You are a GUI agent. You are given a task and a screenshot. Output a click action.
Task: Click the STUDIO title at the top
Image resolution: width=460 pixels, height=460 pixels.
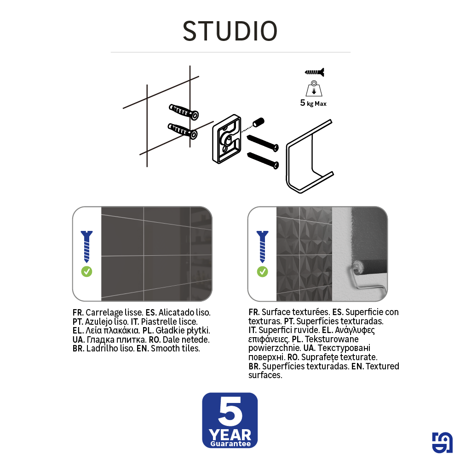[230, 31]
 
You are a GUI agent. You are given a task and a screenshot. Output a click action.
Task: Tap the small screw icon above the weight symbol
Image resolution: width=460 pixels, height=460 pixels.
[315, 72]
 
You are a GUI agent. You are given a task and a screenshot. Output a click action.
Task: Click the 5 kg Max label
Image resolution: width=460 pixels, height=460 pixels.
[313, 103]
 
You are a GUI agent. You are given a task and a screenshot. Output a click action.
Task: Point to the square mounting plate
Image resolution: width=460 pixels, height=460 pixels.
[227, 138]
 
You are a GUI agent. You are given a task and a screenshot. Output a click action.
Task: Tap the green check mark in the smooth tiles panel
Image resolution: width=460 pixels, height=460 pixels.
[86, 271]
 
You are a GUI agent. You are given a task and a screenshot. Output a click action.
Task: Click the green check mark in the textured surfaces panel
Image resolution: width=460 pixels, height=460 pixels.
[262, 271]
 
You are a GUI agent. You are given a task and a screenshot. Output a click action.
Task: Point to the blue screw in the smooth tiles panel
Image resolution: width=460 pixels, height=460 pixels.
[86, 246]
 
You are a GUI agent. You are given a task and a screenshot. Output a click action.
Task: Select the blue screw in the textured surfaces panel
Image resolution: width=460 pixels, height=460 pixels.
[262, 246]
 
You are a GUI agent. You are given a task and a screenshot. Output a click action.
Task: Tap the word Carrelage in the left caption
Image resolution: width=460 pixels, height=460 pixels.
[103, 312]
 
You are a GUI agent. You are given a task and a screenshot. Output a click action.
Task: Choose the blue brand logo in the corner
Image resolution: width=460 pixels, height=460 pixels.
[442, 443]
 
